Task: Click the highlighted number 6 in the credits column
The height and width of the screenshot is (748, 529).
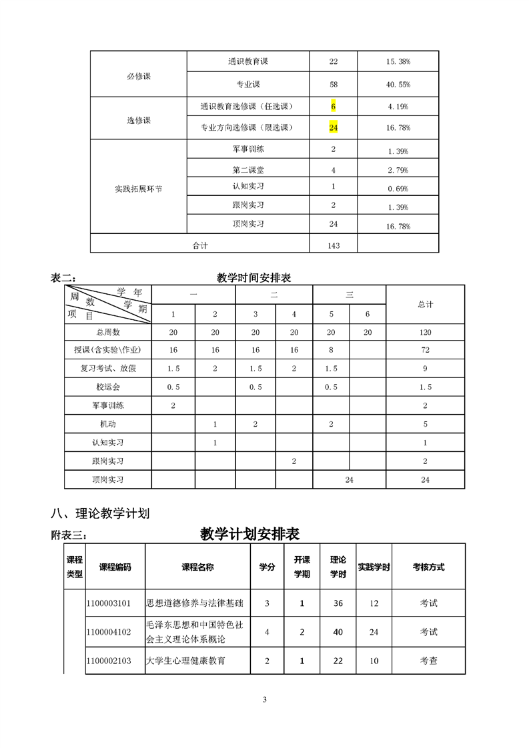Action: click(x=333, y=106)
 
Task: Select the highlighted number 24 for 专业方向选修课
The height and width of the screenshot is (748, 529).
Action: click(x=334, y=127)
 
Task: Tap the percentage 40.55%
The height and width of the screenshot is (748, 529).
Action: click(x=398, y=85)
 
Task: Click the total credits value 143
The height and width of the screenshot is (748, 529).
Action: click(x=334, y=245)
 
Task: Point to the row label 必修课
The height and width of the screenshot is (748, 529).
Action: click(x=139, y=76)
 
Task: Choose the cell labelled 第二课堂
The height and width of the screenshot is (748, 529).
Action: click(x=248, y=170)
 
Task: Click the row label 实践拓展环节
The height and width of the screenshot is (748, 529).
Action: click(x=139, y=189)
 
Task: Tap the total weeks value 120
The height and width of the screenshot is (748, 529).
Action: click(x=426, y=332)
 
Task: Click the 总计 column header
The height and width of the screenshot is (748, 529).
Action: click(x=426, y=304)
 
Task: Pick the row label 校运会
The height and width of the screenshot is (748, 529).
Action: click(x=108, y=387)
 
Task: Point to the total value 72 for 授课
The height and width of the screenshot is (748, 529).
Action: click(x=426, y=350)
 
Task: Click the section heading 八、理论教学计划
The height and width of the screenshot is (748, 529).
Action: click(x=100, y=513)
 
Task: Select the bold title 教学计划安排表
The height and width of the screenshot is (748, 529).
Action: click(x=249, y=534)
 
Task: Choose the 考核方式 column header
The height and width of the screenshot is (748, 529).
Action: click(x=428, y=567)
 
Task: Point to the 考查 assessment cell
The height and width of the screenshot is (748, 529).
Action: click(x=428, y=661)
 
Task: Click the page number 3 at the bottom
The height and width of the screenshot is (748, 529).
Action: click(x=265, y=699)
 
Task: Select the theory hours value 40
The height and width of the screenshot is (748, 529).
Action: click(x=338, y=632)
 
